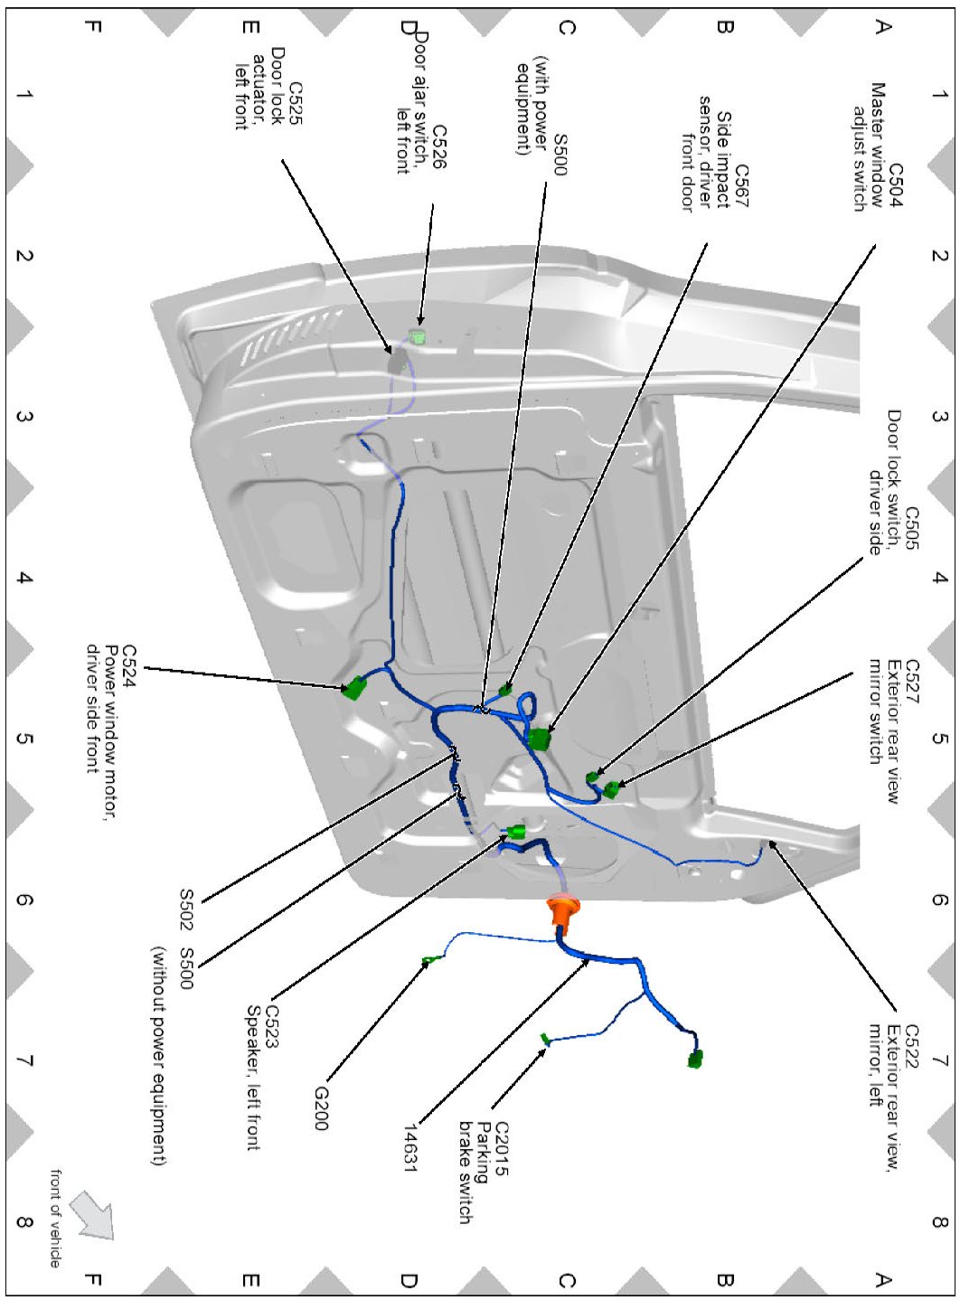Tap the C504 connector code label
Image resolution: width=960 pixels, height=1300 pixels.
(895, 186)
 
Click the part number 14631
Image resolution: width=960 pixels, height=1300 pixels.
(410, 1148)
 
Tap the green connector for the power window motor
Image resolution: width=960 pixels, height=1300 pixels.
(354, 689)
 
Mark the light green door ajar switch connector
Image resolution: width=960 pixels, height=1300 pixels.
(418, 336)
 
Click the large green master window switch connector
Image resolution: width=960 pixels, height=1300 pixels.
(539, 739)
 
